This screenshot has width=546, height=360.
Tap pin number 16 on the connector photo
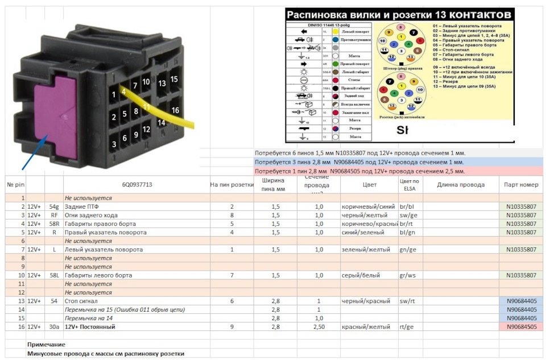175,110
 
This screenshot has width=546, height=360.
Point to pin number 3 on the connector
114,144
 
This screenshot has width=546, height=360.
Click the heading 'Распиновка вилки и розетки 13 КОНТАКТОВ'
399,14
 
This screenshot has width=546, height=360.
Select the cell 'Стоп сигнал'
81,301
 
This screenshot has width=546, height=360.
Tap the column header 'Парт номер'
520,185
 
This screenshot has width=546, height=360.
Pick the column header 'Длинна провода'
461,185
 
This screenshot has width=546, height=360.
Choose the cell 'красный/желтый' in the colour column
366,327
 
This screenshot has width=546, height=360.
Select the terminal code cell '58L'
54,275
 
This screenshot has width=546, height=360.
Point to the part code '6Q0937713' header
136,185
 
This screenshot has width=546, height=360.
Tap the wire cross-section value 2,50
321,327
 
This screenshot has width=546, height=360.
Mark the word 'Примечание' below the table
46,345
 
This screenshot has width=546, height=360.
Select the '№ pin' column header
15,185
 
